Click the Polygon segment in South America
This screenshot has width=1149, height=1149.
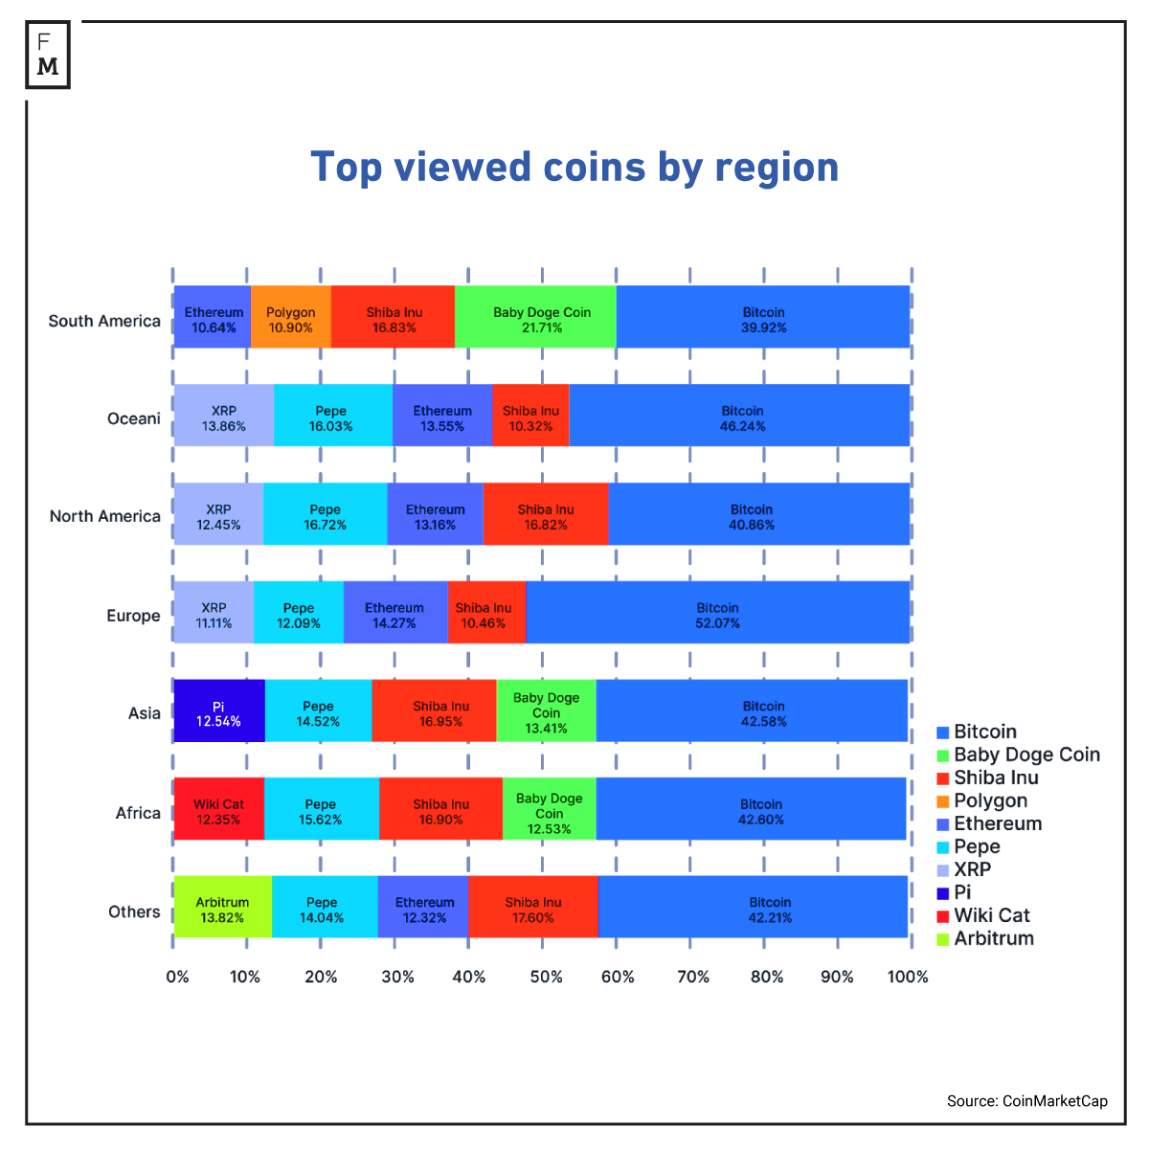291,320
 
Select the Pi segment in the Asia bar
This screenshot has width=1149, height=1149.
218,713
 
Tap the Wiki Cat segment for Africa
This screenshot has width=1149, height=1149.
218,812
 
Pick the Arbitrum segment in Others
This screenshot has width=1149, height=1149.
222,910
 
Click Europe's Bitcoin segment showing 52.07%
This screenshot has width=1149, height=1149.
717,615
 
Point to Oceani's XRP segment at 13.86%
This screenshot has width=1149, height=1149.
223,418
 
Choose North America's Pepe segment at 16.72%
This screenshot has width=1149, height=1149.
326,517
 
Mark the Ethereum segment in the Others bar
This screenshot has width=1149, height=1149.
424,910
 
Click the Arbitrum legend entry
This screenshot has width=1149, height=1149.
985,938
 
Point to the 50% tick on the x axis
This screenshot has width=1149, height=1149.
546,977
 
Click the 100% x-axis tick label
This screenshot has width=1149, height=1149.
908,977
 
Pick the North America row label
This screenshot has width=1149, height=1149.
105,516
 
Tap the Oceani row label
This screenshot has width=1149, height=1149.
134,418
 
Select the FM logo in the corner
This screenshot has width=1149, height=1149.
48,56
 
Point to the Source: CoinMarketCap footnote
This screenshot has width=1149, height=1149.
1026,1101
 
